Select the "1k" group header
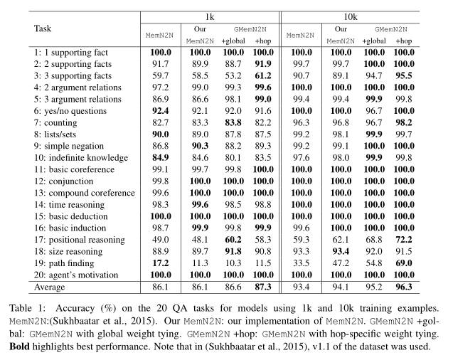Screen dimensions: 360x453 pos(210,16)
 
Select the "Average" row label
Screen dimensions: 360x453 pos(51,288)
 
